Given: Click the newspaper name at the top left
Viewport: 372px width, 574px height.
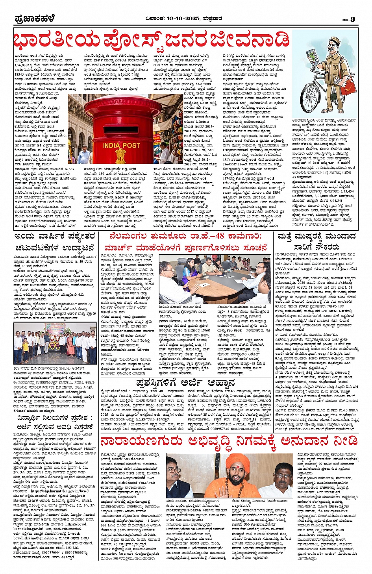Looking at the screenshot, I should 35,19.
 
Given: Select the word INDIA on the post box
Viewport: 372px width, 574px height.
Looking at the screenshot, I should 112,145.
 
